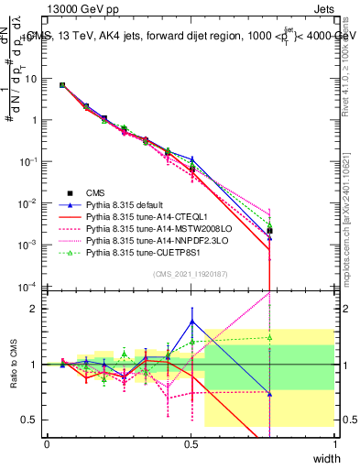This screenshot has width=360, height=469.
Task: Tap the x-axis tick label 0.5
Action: [191, 443]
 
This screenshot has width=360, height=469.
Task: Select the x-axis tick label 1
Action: [335, 443]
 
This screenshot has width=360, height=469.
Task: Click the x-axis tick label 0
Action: [48, 443]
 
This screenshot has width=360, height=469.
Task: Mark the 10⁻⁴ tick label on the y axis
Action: [29, 287]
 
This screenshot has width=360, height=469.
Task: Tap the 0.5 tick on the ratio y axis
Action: [33, 420]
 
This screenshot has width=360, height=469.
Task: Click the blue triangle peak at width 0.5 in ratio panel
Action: [191, 321]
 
